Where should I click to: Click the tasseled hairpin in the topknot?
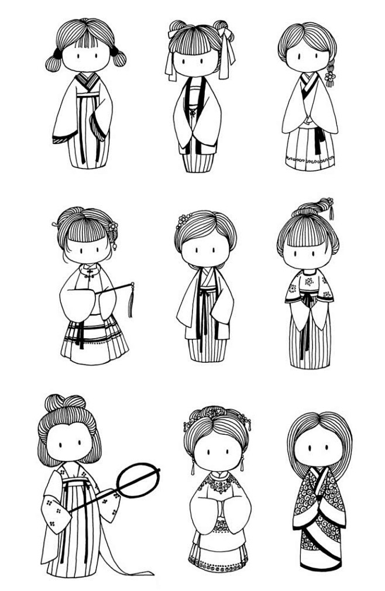330,207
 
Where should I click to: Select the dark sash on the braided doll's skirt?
319,140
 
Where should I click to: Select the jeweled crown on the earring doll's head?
217,417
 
